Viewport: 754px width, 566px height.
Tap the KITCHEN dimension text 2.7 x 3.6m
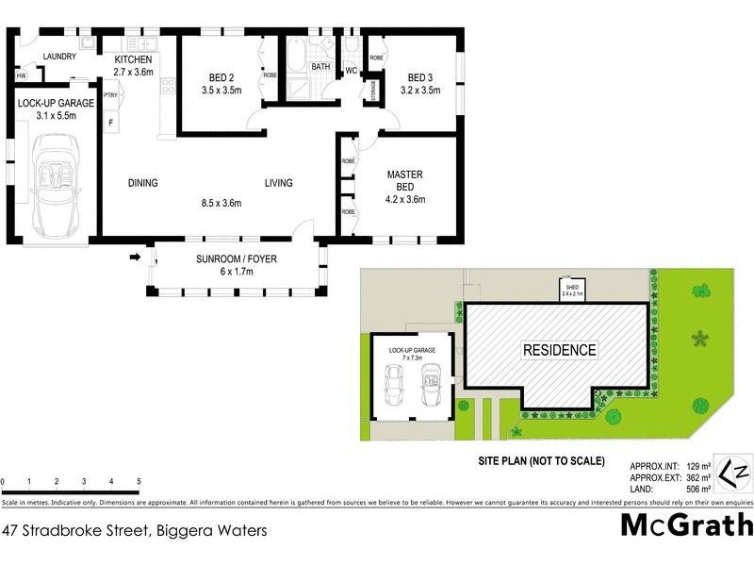click(132, 72)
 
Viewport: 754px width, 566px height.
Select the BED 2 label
click(223, 77)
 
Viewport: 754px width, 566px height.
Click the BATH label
click(320, 68)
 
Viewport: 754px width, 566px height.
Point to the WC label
click(350, 72)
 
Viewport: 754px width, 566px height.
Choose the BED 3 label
click(420, 77)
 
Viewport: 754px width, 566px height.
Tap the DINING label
click(142, 183)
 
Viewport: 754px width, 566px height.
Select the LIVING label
click(278, 183)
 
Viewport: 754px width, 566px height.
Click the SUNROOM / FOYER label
click(237, 258)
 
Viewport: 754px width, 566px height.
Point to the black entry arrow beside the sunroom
click(135, 257)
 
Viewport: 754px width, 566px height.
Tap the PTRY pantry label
click(110, 95)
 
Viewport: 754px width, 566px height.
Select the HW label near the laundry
click(21, 75)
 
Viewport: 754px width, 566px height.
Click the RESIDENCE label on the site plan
click(560, 350)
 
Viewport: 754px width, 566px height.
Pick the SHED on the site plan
click(572, 290)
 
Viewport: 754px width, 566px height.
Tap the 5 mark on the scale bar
click(139, 482)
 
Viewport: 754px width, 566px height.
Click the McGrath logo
click(686, 524)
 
